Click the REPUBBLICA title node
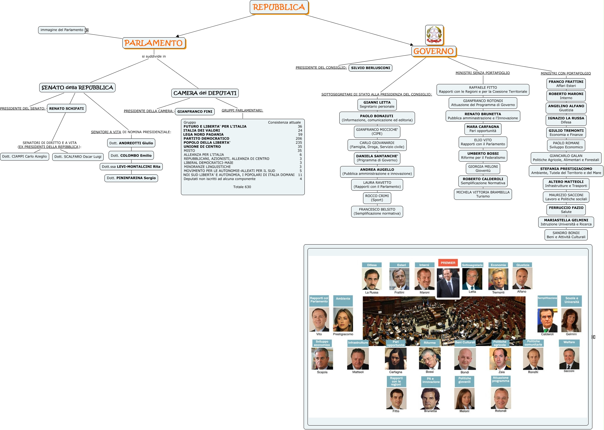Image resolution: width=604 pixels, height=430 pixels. pyautogui.click(x=279, y=7)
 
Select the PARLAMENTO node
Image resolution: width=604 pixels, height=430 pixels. pyautogui.click(x=154, y=43)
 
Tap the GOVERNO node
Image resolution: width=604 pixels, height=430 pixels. pyautogui.click(x=434, y=51)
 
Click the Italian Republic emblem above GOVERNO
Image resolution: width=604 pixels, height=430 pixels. pyautogui.click(x=434, y=35)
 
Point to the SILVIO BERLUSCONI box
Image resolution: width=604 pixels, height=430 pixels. pyautogui.click(x=371, y=68)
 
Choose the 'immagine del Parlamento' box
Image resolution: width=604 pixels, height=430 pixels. pyautogui.click(x=62, y=30)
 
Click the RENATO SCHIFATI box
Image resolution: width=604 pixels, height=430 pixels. pyautogui.click(x=66, y=109)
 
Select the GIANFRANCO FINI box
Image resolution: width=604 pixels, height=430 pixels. pyautogui.click(x=195, y=112)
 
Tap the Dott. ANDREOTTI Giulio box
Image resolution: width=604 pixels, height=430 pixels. pyautogui.click(x=131, y=143)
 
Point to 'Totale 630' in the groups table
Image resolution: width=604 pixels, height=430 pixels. pyautogui.click(x=242, y=187)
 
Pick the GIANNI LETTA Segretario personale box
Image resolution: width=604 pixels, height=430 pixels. pyautogui.click(x=377, y=104)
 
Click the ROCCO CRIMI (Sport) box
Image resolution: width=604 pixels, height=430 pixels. pyautogui.click(x=377, y=198)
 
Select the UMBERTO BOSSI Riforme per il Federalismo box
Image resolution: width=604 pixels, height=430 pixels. pyautogui.click(x=483, y=156)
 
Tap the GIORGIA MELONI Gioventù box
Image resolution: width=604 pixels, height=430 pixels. pyautogui.click(x=483, y=169)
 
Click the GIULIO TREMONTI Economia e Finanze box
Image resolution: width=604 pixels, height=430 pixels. pyautogui.click(x=566, y=133)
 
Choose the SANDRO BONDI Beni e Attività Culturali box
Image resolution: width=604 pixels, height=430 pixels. pyautogui.click(x=566, y=235)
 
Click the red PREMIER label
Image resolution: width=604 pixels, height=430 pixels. pyautogui.click(x=448, y=263)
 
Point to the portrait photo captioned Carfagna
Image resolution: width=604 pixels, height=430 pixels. pyautogui.click(x=396, y=358)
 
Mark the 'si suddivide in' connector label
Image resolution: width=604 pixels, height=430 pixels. pyautogui.click(x=154, y=56)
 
